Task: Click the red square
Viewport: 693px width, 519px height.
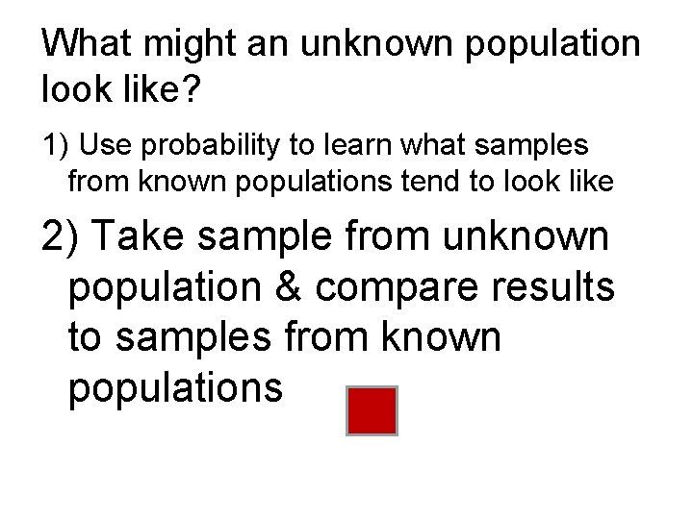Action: [x=371, y=410]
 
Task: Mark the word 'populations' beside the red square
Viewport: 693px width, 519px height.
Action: [x=176, y=388]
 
